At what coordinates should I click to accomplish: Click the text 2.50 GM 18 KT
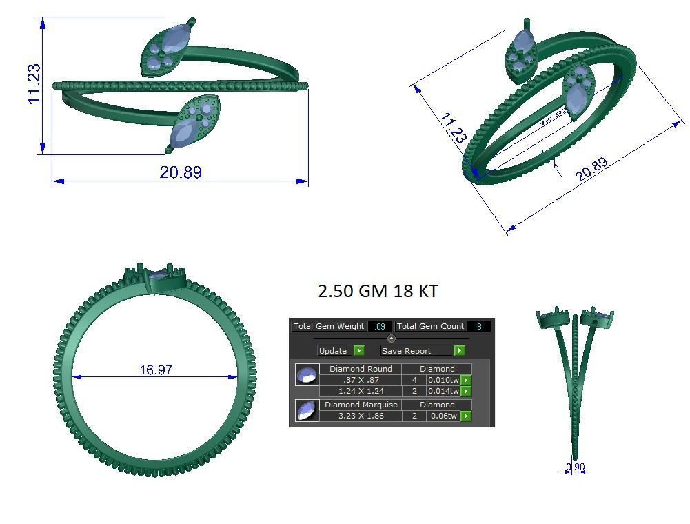378,291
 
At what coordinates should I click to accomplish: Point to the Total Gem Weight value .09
379,326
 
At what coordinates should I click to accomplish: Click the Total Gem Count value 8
478,326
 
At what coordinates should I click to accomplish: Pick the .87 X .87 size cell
361,380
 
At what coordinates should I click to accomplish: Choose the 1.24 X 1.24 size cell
361,391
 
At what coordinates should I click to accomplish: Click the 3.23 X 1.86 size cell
361,416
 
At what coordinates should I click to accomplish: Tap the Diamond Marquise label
361,405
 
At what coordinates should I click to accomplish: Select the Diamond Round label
361,369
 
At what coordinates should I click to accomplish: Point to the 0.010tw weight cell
443,380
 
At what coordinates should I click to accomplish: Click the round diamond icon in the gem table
307,375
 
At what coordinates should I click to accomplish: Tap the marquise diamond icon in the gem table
307,410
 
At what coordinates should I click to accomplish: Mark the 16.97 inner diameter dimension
156,370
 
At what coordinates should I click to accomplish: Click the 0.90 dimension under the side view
575,467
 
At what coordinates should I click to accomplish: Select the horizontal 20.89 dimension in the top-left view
181,172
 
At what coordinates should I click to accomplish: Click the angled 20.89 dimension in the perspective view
591,170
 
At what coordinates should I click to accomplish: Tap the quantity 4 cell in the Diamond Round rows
414,380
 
